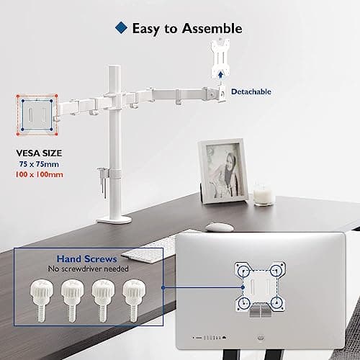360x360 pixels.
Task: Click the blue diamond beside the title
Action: pos(120,29)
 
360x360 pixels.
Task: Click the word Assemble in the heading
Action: pos(210,29)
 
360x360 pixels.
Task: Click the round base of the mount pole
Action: pos(114,217)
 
